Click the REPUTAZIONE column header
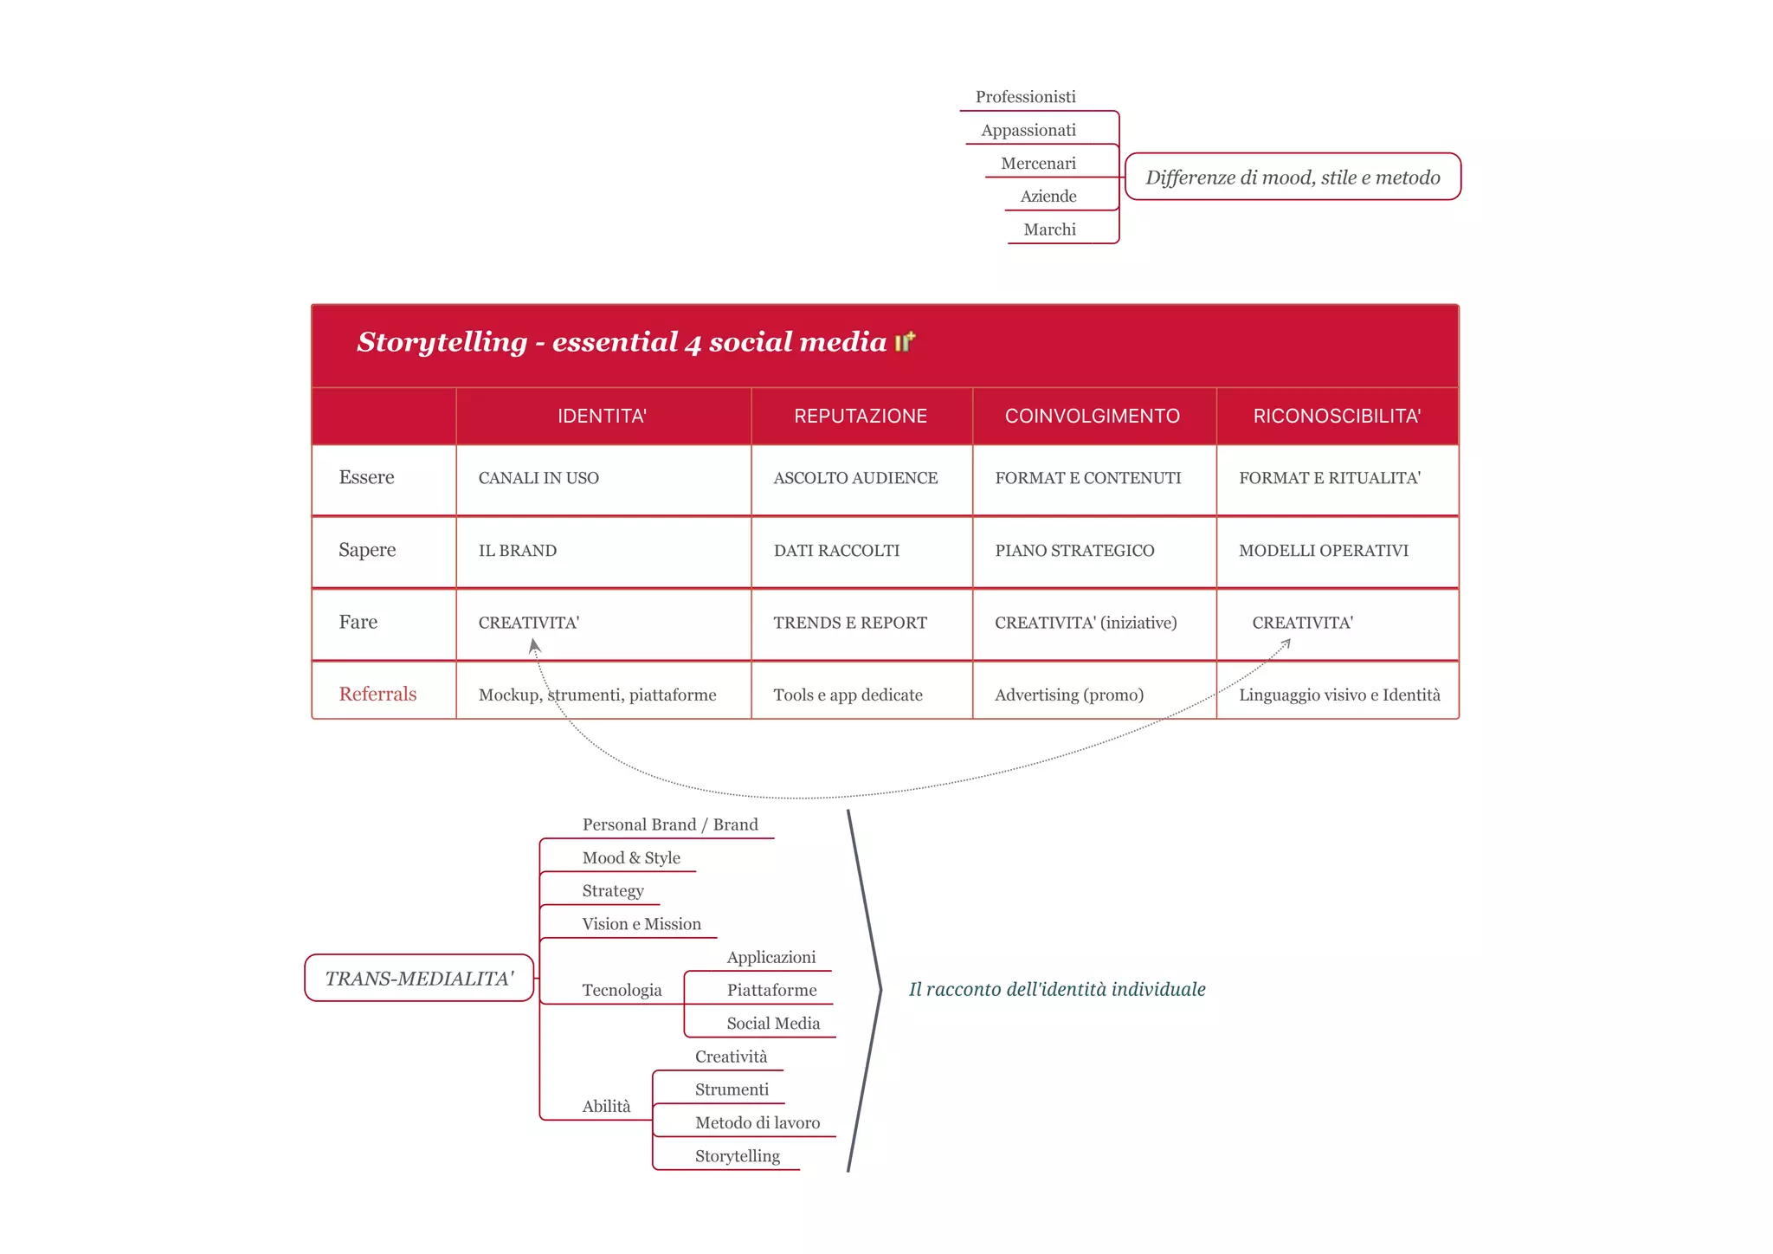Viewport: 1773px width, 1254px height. point(861,417)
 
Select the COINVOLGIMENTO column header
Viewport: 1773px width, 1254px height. point(1092,417)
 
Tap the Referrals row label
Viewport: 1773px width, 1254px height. point(377,695)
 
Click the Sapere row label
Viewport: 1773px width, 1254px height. point(367,550)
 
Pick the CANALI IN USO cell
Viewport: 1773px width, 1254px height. point(538,478)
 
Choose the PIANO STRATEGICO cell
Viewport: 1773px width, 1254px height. point(1074,551)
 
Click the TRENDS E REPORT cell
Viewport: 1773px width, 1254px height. point(850,623)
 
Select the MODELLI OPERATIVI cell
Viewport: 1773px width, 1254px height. point(1323,551)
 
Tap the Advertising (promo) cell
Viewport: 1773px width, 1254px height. point(1069,695)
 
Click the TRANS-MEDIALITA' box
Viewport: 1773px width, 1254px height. point(419,979)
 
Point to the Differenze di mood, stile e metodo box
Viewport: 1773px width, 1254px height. point(1293,178)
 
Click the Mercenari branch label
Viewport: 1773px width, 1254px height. point(1038,164)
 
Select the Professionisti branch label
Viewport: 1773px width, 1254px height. point(1025,97)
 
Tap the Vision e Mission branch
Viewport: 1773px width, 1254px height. point(642,924)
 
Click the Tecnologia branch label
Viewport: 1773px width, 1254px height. point(622,991)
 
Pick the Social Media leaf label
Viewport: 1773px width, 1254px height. point(773,1024)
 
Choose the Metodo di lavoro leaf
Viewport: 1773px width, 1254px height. point(758,1123)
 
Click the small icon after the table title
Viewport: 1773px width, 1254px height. point(905,342)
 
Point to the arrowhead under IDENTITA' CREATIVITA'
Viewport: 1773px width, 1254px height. point(534,645)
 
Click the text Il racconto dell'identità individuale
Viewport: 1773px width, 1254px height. point(1057,990)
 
